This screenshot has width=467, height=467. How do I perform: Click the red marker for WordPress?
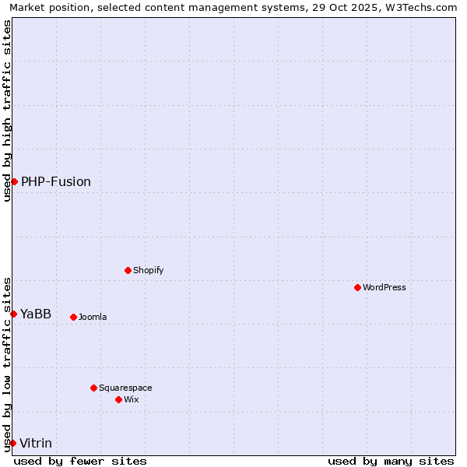[x=357, y=287]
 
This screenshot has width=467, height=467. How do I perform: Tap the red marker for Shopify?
[x=128, y=270]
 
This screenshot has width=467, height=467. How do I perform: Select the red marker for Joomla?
[x=73, y=317]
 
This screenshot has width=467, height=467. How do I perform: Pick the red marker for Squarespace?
[x=93, y=388]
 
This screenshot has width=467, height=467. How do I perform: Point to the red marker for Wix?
[x=118, y=399]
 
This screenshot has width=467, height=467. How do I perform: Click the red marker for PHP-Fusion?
[x=14, y=181]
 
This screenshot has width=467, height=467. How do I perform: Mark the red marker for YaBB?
[x=13, y=314]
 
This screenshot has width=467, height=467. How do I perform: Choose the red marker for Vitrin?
[x=12, y=443]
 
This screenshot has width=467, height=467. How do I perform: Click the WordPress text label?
[x=384, y=287]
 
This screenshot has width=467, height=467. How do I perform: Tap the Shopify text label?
[x=149, y=270]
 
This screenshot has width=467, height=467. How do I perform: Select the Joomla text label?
[x=93, y=317]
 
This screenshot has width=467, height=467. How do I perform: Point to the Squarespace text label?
[x=125, y=388]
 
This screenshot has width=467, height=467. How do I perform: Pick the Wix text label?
[x=132, y=399]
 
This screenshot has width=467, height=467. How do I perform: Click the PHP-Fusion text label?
[x=56, y=181]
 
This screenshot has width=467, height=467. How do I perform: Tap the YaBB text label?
[x=36, y=314]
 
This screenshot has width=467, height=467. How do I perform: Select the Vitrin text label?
[x=36, y=443]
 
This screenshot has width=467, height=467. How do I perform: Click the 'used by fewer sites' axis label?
[x=80, y=461]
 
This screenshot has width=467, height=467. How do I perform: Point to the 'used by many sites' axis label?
[x=391, y=461]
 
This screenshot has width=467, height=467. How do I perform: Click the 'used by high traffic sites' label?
[x=7, y=111]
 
